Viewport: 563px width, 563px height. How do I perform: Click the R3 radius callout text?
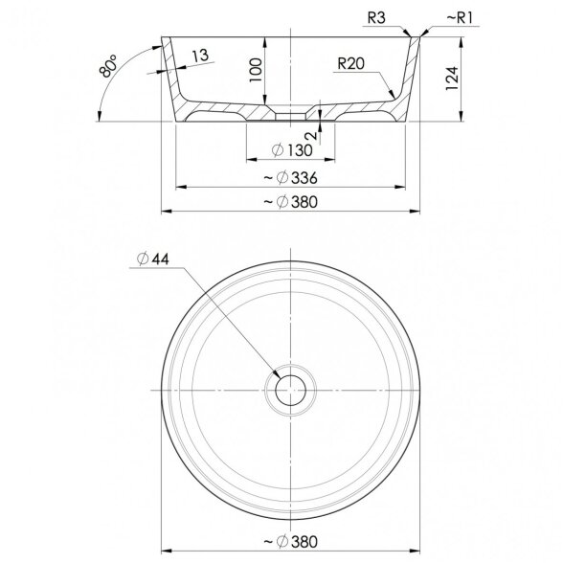[376, 17]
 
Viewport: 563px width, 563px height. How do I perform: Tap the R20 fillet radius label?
[350, 63]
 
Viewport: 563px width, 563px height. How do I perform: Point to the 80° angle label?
[108, 66]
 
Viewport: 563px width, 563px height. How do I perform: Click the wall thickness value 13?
[200, 56]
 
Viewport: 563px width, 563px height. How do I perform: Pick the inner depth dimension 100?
[256, 70]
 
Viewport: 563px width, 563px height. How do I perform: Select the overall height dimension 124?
[452, 79]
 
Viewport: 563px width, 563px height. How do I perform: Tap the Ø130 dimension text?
[292, 150]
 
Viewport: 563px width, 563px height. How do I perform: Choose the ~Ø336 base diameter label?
[290, 177]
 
